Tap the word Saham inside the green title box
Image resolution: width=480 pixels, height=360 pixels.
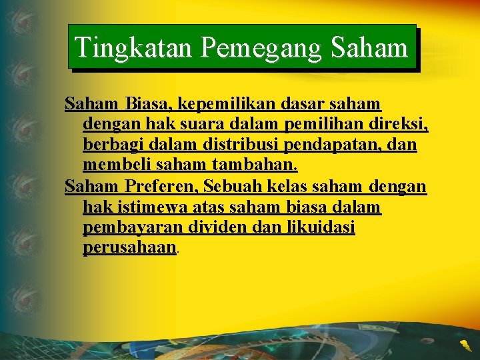(369, 47)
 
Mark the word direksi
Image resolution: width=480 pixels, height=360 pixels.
(399, 124)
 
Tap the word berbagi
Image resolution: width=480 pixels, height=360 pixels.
(109, 145)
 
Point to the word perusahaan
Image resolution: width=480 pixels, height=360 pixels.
(129, 249)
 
